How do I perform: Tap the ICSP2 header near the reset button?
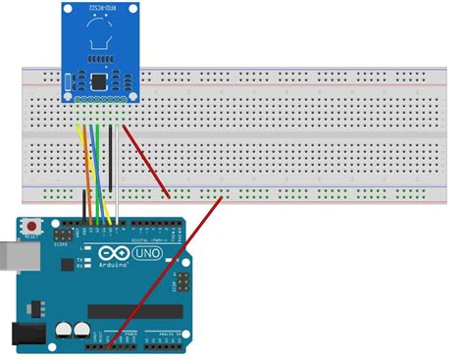pyautogui.click(x=63, y=237)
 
